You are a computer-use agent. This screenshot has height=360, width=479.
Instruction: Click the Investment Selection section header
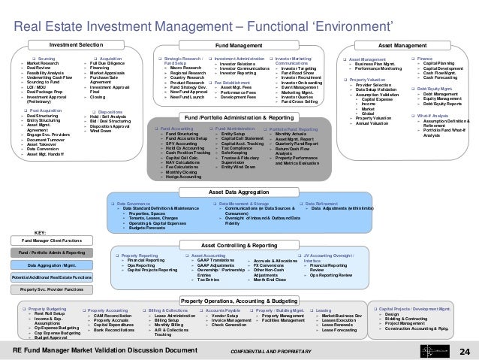click(x=81, y=45)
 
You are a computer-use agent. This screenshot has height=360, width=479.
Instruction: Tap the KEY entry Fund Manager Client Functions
click(x=52, y=240)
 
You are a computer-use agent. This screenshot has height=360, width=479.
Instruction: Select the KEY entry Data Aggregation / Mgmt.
click(x=52, y=265)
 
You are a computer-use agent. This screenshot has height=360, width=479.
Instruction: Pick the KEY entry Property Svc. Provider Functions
click(x=52, y=289)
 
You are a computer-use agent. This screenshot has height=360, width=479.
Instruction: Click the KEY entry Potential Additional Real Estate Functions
click(x=52, y=278)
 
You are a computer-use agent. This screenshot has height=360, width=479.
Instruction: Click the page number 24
click(x=462, y=351)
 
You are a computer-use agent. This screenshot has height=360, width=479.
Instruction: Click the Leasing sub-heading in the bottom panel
click(x=325, y=310)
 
